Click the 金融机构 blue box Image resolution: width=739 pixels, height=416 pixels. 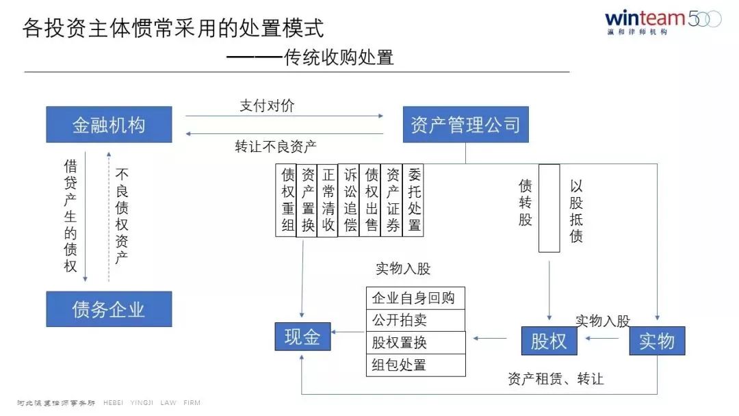tap(109, 125)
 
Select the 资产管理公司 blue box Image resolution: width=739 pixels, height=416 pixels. tap(465, 125)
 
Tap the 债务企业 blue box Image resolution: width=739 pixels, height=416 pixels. tap(109, 309)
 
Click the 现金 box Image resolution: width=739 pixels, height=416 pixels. tap(302, 338)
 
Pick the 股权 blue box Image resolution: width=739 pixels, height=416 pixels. tap(549, 341)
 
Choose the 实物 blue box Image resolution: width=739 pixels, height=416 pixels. tap(657, 341)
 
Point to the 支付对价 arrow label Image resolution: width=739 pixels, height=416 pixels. tap(268, 106)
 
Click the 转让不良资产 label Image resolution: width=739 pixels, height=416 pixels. tap(276, 146)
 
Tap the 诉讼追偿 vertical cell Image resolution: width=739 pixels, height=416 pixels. tap(350, 200)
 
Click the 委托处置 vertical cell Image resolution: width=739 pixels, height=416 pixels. tap(413, 200)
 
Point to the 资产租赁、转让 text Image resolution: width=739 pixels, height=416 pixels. tap(556, 378)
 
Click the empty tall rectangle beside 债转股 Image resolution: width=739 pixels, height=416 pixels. tap(549, 208)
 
